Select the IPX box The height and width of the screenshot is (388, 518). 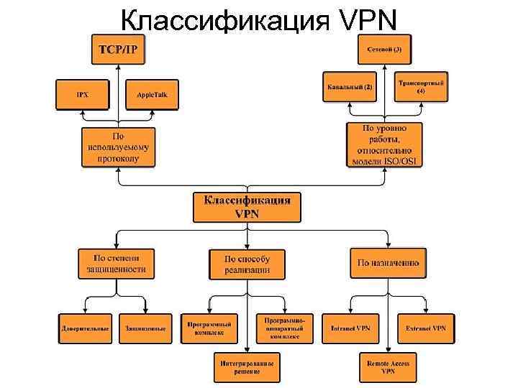tap(83, 94)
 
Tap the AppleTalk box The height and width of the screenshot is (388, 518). tap(152, 94)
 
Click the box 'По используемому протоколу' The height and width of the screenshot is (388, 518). tap(118, 147)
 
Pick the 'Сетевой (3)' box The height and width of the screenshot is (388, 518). tap(385, 50)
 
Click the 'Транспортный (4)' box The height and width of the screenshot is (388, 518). tap(421, 86)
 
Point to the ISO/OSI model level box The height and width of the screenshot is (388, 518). tap(385, 145)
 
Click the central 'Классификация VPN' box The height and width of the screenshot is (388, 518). tap(247, 206)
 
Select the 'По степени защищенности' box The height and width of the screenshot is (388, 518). tap(115, 263)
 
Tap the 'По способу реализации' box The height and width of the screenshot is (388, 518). tap(247, 264)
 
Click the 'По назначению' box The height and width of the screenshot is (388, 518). tap(388, 263)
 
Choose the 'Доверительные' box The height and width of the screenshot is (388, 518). tap(84, 328)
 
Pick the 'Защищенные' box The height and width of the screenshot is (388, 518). tap(145, 328)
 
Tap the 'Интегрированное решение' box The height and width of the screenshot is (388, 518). tap(247, 366)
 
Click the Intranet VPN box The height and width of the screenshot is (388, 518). tap(350, 328)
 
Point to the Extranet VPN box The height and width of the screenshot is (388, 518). tap(425, 328)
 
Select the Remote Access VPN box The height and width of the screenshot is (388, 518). tap(388, 366)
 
